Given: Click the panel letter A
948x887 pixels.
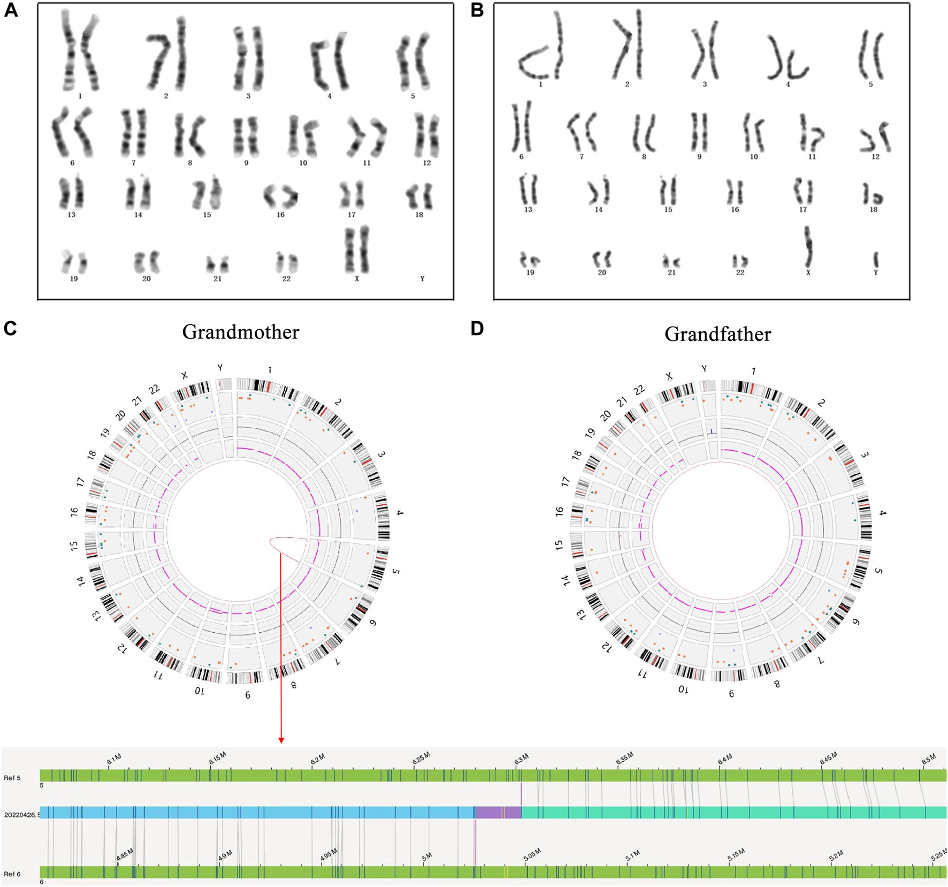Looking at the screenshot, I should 11,10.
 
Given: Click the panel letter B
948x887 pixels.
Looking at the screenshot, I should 477,10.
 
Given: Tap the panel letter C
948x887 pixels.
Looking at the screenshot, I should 10,328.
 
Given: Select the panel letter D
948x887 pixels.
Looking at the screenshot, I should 477,328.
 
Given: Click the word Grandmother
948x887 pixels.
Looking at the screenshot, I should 241,332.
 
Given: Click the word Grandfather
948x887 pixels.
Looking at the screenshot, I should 717,335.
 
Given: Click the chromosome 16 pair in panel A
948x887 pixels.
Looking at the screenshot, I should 281,196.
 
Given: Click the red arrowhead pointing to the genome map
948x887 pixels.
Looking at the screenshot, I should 281,740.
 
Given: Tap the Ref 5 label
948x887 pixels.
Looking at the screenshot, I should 12,778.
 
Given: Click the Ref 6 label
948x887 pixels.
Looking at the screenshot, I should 12,874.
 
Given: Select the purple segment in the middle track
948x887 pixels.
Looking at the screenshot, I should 498,812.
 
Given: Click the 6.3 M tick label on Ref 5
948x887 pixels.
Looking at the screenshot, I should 521,759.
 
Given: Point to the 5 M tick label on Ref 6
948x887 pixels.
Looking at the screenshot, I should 427,857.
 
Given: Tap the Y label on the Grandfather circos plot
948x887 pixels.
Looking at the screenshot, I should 704,369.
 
